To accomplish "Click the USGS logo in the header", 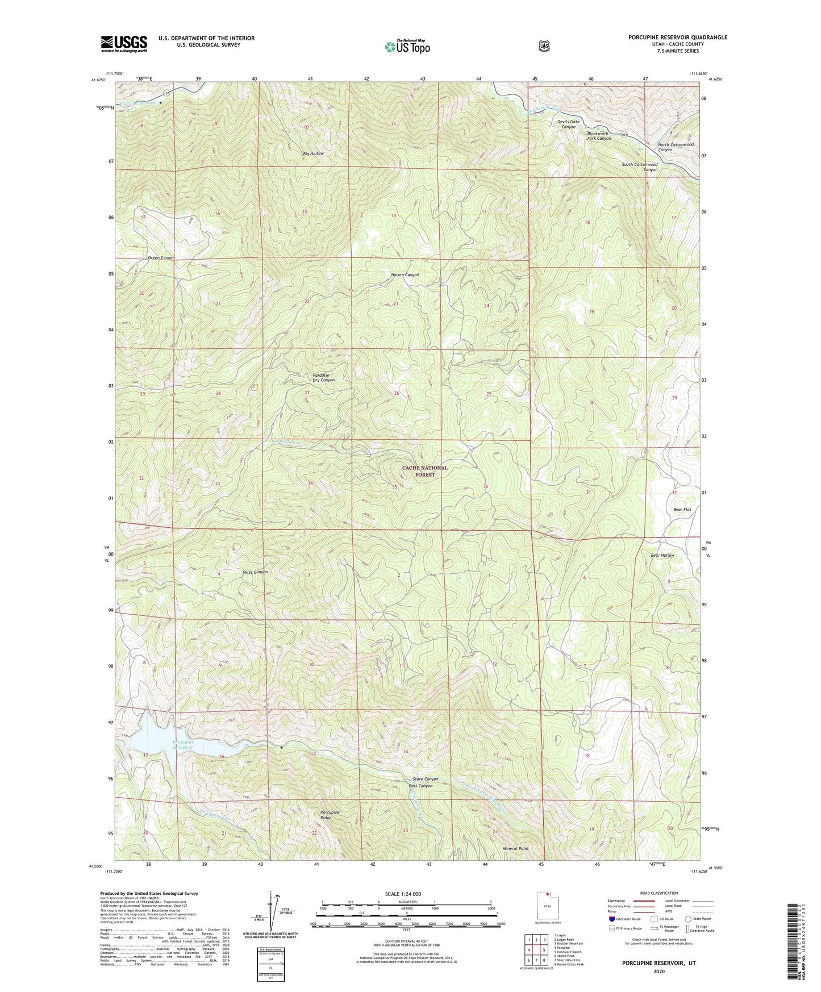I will [124, 44].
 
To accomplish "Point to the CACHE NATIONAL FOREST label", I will [424, 471].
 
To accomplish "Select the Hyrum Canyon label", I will [405, 275].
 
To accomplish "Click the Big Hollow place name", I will [313, 154].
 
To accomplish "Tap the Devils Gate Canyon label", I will [569, 124].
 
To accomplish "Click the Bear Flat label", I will [682, 510].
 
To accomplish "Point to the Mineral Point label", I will [515, 849].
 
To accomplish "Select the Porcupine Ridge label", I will [330, 815].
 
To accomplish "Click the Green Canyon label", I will [161, 258].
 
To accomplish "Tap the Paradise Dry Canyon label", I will [324, 377].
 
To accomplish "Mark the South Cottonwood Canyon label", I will [640, 167].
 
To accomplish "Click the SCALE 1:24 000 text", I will [403, 894].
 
